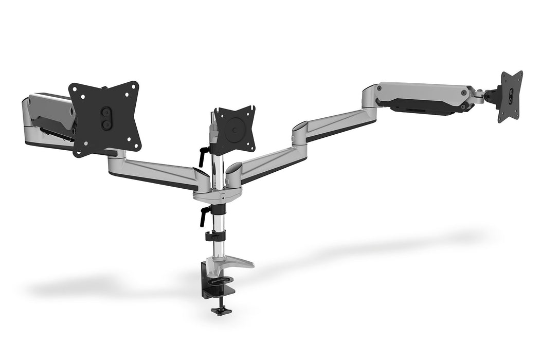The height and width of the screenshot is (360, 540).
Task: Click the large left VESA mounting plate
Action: click(105, 118)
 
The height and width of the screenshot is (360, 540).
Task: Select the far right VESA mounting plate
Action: click(510, 96)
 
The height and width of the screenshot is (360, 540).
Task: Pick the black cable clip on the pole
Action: click(214, 236)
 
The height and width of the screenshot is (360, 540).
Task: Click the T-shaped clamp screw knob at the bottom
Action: click(221, 311)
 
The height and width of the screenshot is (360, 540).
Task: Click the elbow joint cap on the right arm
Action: click(300, 127)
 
